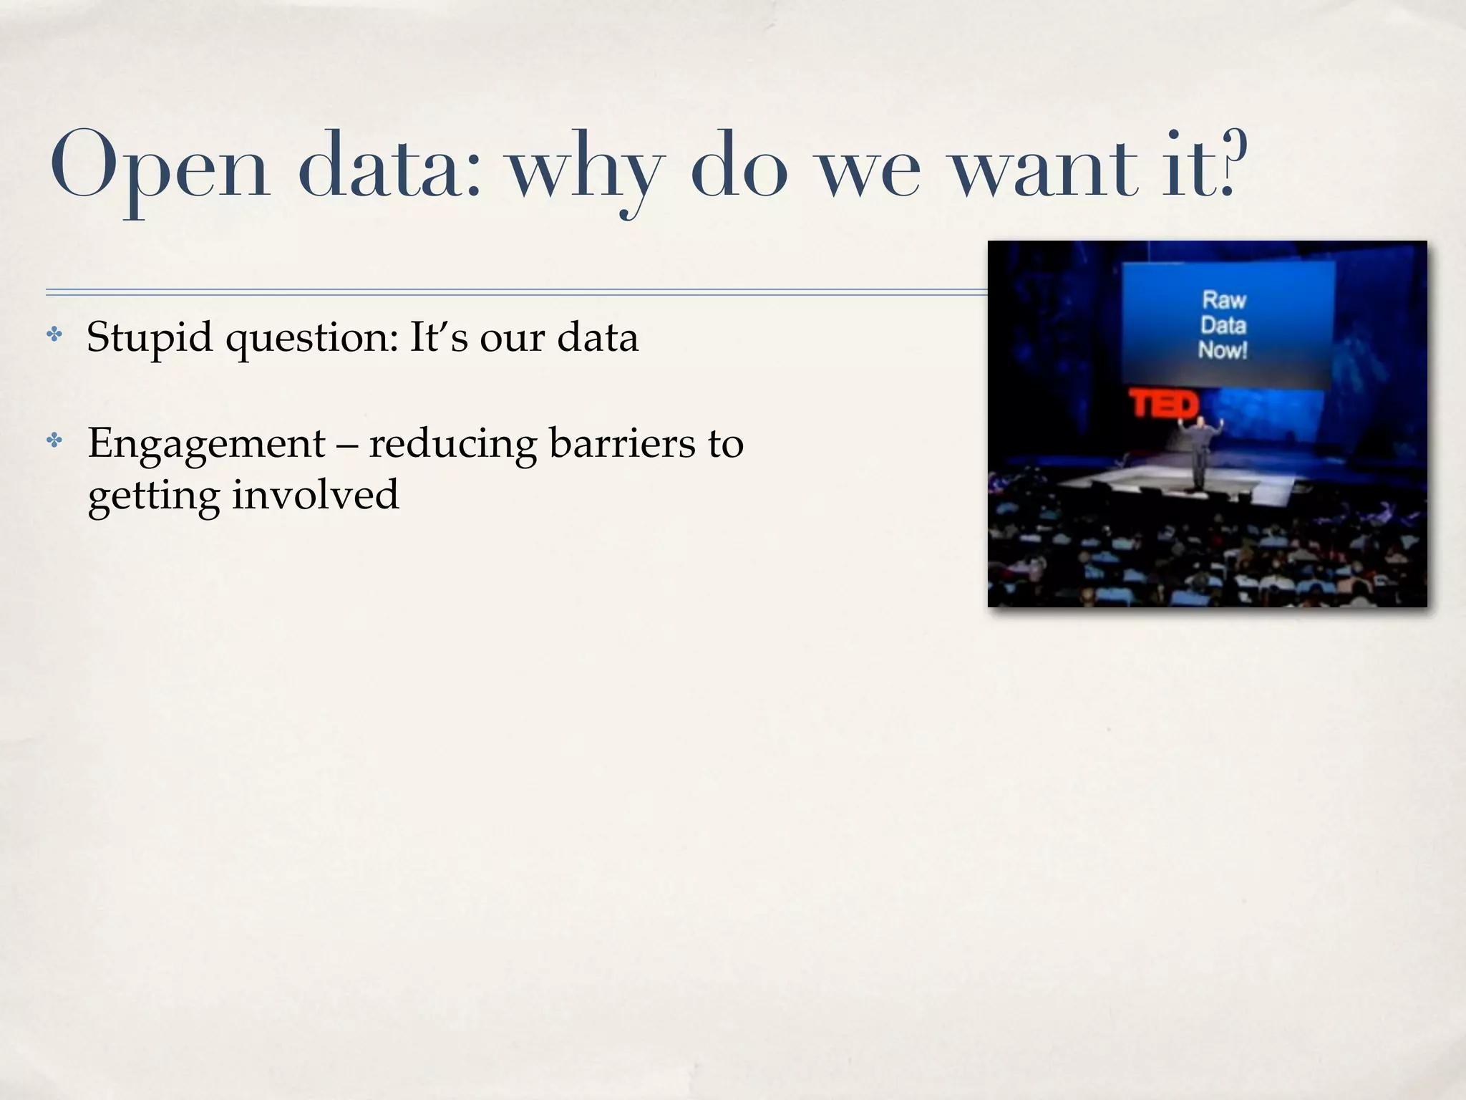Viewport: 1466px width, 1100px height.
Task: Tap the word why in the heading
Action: tap(585, 172)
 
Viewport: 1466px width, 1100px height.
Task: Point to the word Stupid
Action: tap(149, 337)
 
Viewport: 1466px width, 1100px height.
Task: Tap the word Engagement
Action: tap(206, 445)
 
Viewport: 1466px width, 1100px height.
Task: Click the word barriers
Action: tap(621, 443)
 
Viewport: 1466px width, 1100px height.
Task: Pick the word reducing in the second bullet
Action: tap(452, 445)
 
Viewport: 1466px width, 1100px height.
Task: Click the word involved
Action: tap(315, 495)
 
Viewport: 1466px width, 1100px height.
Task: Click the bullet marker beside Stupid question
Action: tap(54, 334)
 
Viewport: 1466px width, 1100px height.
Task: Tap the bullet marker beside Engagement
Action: tap(54, 440)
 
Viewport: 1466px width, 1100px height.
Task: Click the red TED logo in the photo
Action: tap(1163, 405)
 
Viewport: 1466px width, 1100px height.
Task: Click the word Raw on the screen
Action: tap(1224, 299)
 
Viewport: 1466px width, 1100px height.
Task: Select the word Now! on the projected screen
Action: tap(1223, 350)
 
